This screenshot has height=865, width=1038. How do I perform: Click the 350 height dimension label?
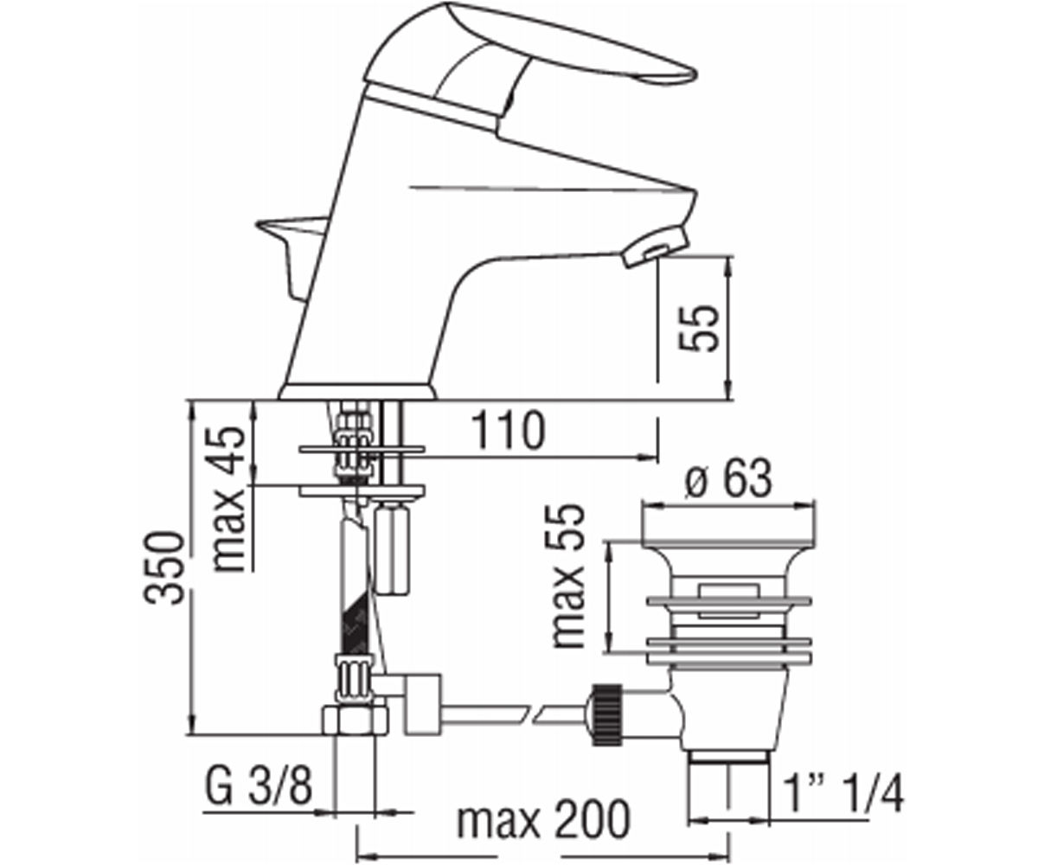163,567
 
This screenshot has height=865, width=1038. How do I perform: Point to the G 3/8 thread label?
259,787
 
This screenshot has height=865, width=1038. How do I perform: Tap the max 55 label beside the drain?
567,576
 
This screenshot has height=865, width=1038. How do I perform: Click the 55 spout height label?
700,329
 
